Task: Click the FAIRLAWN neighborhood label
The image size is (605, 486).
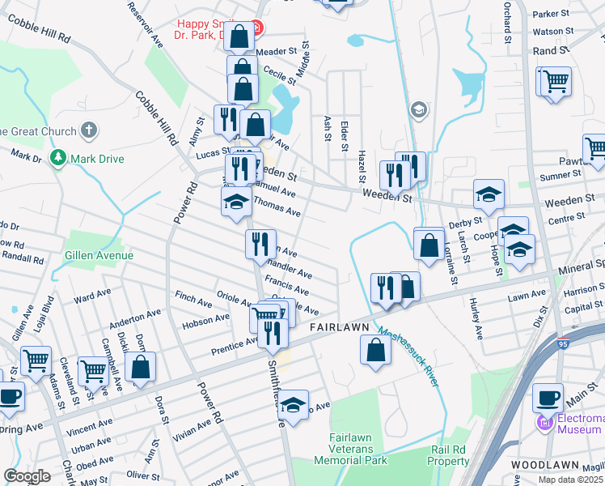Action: pos(339,327)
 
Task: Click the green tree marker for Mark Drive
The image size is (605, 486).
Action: pos(57,158)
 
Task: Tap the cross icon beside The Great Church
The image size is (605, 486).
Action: pos(89,130)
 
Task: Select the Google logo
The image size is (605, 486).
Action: pos(27,476)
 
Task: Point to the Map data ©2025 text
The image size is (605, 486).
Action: pos(570,480)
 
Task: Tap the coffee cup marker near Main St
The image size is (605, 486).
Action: pos(548,399)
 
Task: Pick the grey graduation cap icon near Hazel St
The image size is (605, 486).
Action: pos(418,109)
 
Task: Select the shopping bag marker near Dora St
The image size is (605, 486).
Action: pos(140,366)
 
